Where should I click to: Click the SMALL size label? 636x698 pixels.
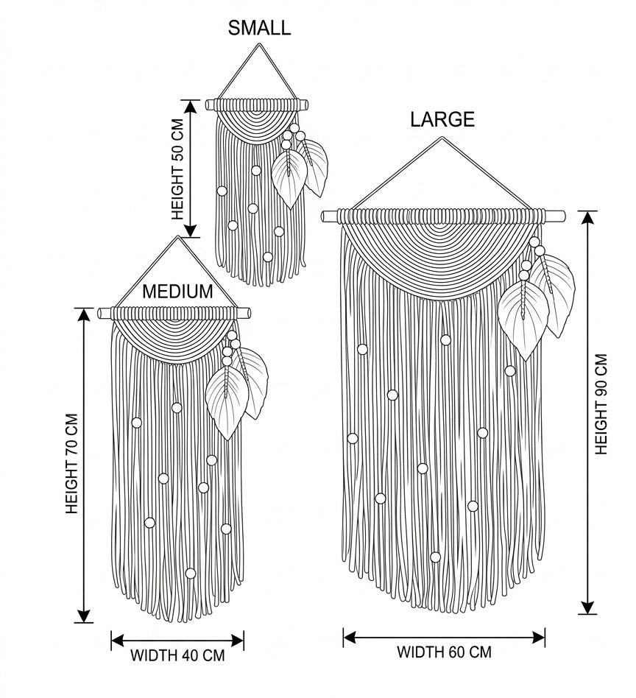[259, 28]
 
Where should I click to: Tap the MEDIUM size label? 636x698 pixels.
[177, 292]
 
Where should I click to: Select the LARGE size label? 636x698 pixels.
[442, 119]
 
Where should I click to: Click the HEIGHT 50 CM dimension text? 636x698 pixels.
[177, 169]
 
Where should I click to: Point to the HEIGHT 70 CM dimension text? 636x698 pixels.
[71, 464]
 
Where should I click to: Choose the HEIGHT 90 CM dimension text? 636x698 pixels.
[601, 404]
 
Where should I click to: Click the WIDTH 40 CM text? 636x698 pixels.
[177, 655]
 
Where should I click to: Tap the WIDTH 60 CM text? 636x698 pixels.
[444, 652]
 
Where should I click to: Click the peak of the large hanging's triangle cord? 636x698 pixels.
[442, 138]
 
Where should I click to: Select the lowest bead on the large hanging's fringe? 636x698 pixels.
[435, 557]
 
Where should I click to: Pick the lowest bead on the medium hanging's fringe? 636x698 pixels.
[190, 573]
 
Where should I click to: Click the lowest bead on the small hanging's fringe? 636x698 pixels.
[267, 257]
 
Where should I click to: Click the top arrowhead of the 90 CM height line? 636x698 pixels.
[587, 217]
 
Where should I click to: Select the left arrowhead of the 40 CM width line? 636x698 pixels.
[117, 641]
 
